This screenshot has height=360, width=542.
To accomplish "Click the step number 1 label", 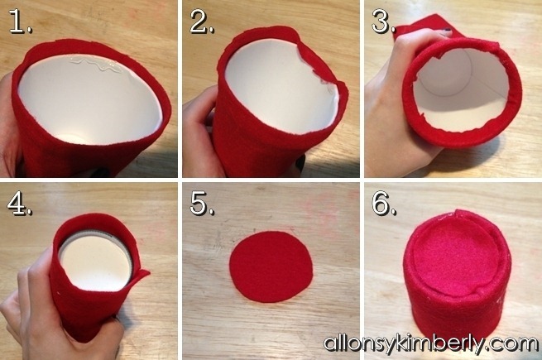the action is pyautogui.click(x=21, y=21).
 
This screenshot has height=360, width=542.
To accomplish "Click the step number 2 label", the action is pyautogui.click(x=202, y=22).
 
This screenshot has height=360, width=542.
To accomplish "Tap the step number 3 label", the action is pyautogui.click(x=383, y=22).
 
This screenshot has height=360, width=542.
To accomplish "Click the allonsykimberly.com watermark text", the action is pyautogui.click(x=430, y=343).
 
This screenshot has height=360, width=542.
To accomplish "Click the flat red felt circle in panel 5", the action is pyautogui.click(x=271, y=266).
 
